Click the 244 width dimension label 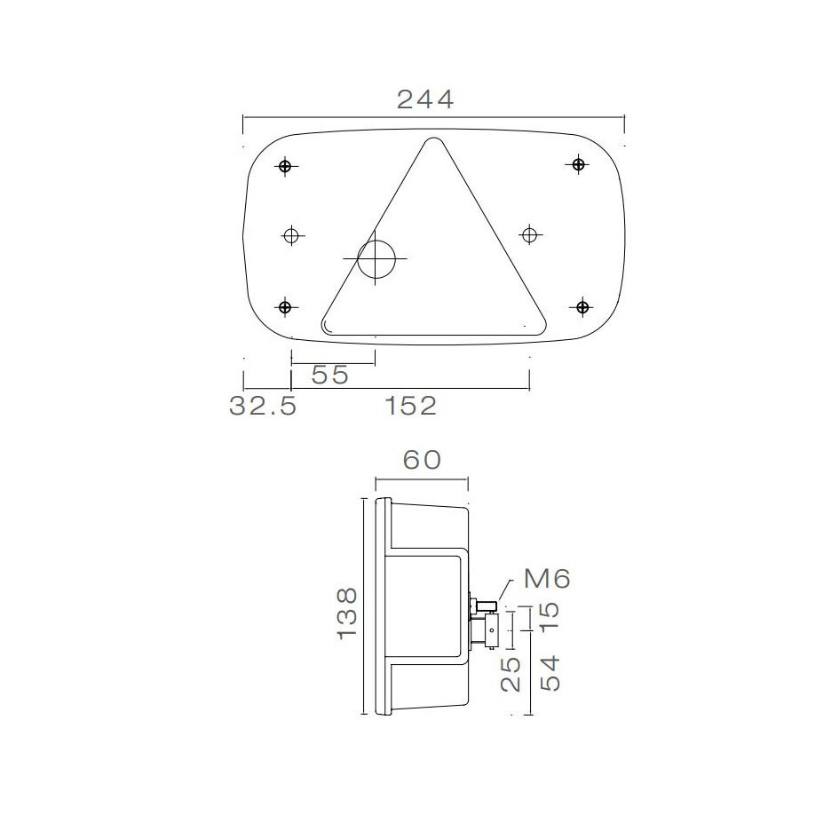coord(424,99)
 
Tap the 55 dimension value coord(329,376)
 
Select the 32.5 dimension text coord(262,407)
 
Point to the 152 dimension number coord(411,407)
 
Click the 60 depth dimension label coord(422,461)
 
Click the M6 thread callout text coord(546,579)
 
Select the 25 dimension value coord(511,675)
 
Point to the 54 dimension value coord(550,675)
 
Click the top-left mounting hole coord(285,166)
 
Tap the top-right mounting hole coord(578,163)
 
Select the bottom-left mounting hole coord(285,307)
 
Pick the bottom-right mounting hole coord(582,307)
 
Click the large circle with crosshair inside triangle coord(376,257)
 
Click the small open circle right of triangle coord(529,234)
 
